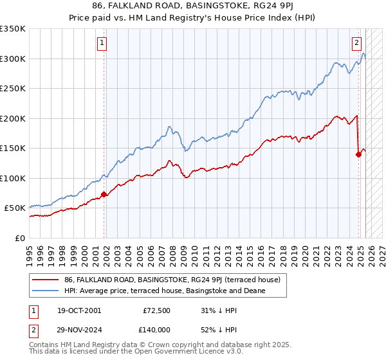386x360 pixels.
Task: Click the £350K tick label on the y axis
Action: pos(13,29)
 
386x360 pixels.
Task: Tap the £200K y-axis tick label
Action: pos(13,118)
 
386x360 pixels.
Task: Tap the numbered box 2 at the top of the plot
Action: pos(356,44)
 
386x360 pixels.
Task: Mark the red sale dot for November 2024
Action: pos(359,154)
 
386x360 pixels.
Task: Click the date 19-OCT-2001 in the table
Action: pos(79,310)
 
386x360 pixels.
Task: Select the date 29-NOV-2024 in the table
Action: pos(79,330)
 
